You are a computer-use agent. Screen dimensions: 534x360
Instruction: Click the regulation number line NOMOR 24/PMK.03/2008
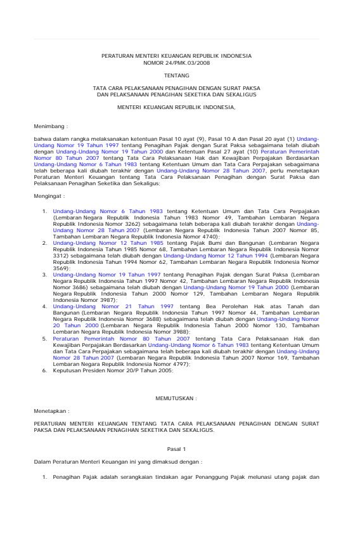tap(176, 63)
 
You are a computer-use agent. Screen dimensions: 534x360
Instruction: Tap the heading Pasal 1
tap(176, 448)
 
